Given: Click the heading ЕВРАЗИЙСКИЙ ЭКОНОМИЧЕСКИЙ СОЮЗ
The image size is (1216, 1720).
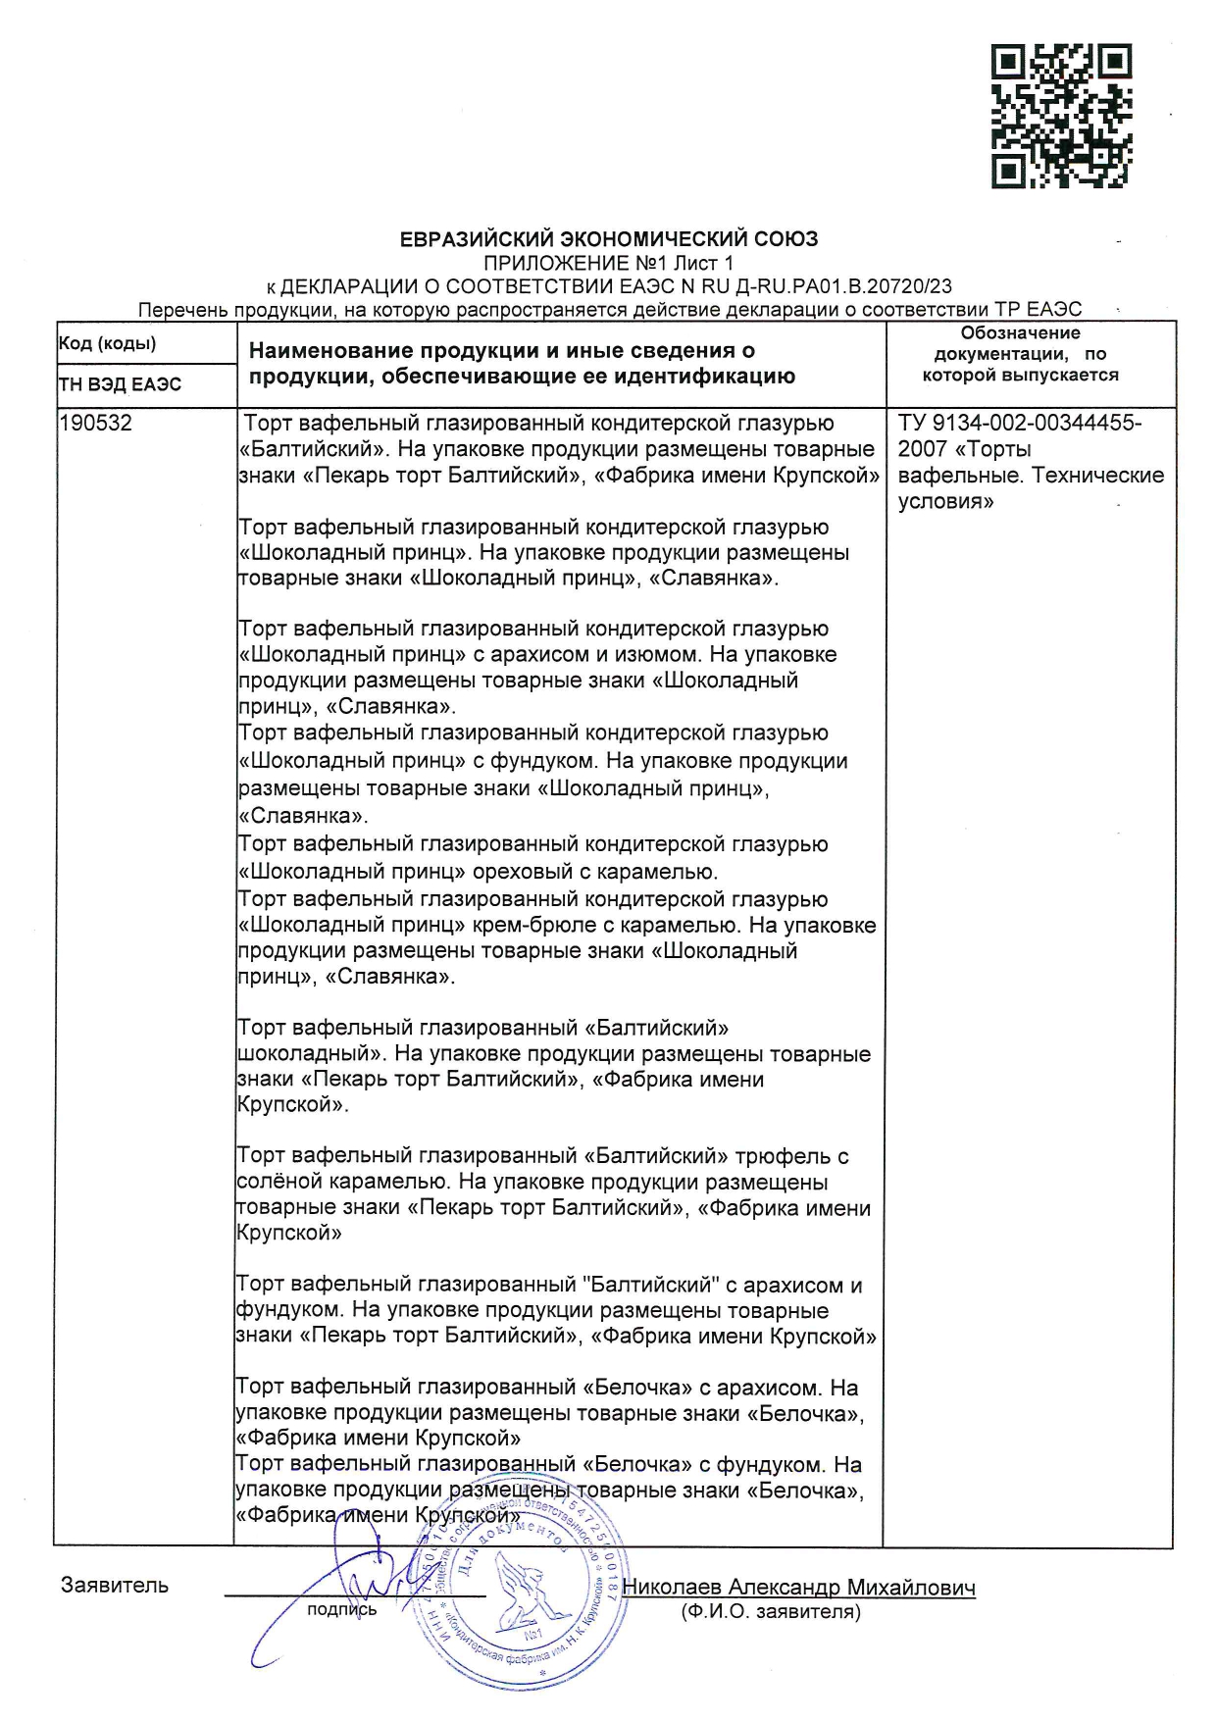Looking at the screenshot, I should [608, 238].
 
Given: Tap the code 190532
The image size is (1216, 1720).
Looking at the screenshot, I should [95, 424].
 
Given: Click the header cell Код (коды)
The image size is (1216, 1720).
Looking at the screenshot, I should [107, 343].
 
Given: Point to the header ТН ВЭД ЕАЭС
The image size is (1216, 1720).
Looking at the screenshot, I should [120, 384].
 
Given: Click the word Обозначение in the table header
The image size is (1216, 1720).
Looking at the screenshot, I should [1020, 333].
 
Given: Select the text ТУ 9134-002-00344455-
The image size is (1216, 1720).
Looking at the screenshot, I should [1019, 424].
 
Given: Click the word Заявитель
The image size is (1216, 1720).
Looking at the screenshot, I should [115, 1585].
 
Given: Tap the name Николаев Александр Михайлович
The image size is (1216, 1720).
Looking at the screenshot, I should [798, 1588].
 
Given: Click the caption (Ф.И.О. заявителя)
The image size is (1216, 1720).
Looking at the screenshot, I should [771, 1611].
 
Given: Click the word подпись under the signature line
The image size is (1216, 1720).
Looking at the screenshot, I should [341, 1609].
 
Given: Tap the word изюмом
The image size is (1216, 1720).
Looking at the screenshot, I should [645, 654].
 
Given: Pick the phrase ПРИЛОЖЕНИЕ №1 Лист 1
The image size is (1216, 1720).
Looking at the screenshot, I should [608, 263].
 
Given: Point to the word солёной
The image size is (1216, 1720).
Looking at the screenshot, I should [276, 1182].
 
